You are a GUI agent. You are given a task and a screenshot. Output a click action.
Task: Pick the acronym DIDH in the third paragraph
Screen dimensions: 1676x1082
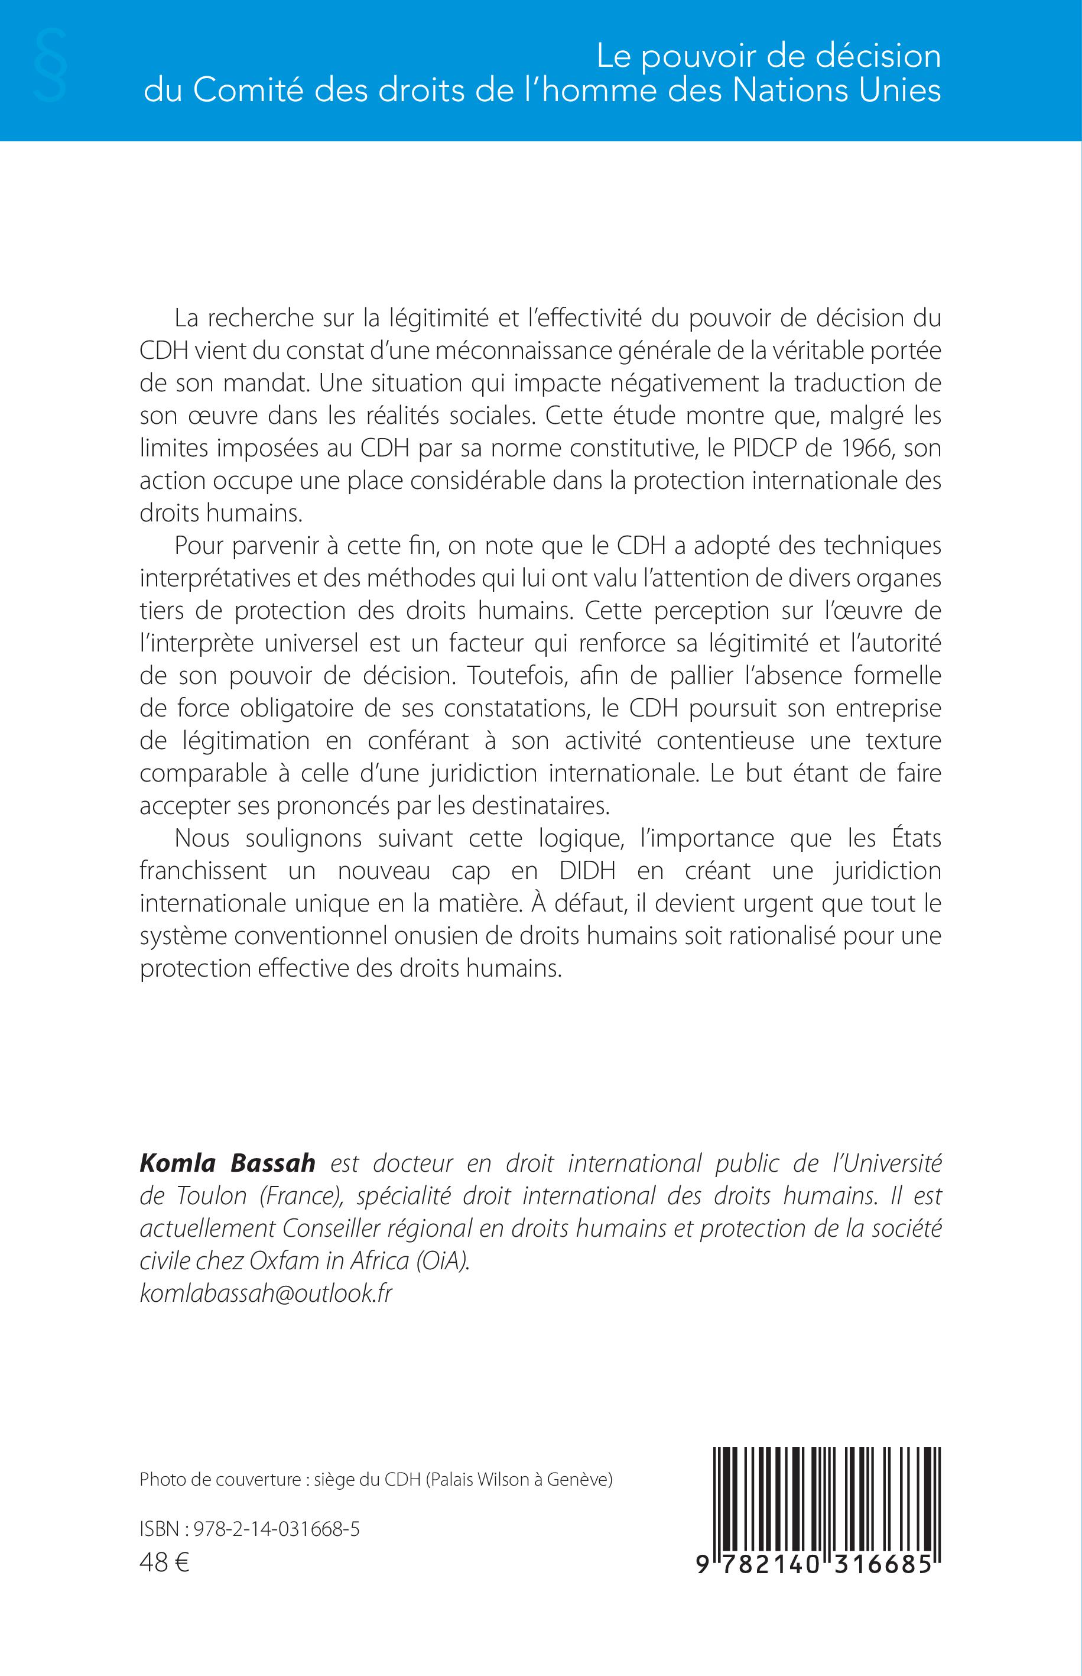pos(587,871)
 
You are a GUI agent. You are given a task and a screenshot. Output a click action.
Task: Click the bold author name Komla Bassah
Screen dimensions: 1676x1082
pos(228,1163)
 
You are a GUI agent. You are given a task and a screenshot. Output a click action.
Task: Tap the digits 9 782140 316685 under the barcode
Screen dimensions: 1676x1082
pos(819,1564)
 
